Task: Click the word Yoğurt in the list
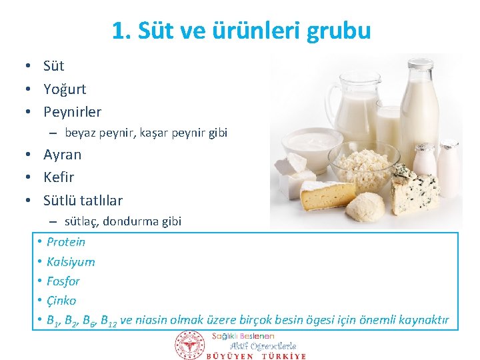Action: [x=65, y=89]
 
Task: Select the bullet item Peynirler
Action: [x=72, y=111]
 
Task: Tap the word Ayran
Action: [x=62, y=154]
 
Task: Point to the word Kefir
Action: [x=59, y=177]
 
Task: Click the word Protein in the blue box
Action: [x=66, y=241]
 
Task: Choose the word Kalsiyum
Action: [x=71, y=261]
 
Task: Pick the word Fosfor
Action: [x=63, y=281]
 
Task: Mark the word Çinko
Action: [x=61, y=300]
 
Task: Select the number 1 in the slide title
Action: [x=118, y=31]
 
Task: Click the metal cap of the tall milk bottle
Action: [x=420, y=65]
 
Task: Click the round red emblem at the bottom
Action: [x=190, y=345]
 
